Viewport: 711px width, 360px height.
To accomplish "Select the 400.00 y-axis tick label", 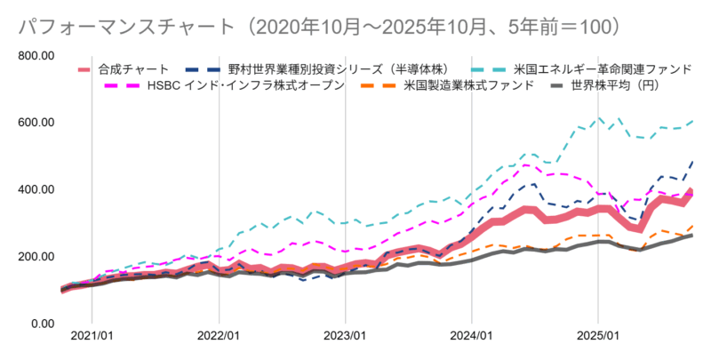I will tap(36, 189).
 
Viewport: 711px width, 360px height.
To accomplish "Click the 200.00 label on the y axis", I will tap(36, 256).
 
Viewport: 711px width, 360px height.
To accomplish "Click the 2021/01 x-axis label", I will tap(92, 338).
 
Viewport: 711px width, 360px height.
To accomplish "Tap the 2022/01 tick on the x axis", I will tap(219, 338).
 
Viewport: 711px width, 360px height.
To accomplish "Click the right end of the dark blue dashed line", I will tap(692, 163).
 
